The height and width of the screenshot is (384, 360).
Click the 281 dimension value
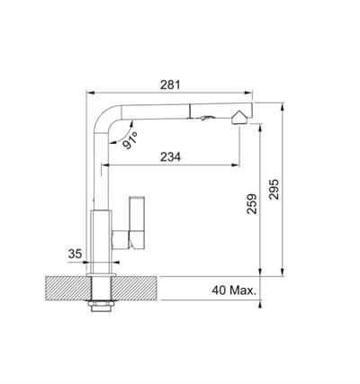170,85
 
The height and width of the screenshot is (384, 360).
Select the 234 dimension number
170,156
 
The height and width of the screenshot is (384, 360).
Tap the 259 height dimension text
252,204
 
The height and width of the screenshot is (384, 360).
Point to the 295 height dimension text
274,189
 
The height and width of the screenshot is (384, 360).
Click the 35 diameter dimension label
75,254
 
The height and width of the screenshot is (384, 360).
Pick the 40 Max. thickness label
234,290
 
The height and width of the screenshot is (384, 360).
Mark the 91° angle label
130,139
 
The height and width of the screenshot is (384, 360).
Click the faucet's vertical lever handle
137,223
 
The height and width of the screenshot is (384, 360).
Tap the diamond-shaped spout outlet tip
239,117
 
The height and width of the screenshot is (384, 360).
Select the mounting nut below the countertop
102,306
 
